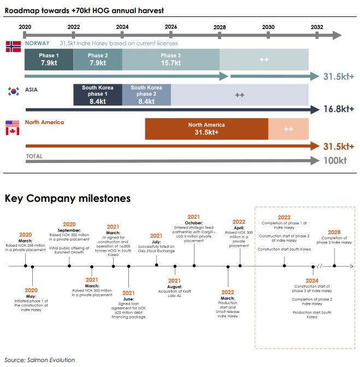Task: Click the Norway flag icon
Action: [x=13, y=47]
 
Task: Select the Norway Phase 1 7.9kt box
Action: [x=49, y=60]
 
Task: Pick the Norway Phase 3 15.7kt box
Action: [x=170, y=60]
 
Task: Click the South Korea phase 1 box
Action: [x=98, y=95]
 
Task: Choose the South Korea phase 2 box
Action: [x=146, y=95]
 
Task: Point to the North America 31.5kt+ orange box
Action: [x=206, y=129]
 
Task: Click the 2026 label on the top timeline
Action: [x=170, y=27]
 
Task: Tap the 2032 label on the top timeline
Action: [x=316, y=27]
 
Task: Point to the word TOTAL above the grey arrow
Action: [x=34, y=156]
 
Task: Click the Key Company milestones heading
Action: [x=68, y=199]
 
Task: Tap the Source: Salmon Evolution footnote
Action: [x=40, y=360]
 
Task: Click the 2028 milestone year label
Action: [x=334, y=232]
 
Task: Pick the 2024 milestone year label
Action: [x=312, y=280]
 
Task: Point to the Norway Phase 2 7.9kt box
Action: [x=97, y=60]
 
